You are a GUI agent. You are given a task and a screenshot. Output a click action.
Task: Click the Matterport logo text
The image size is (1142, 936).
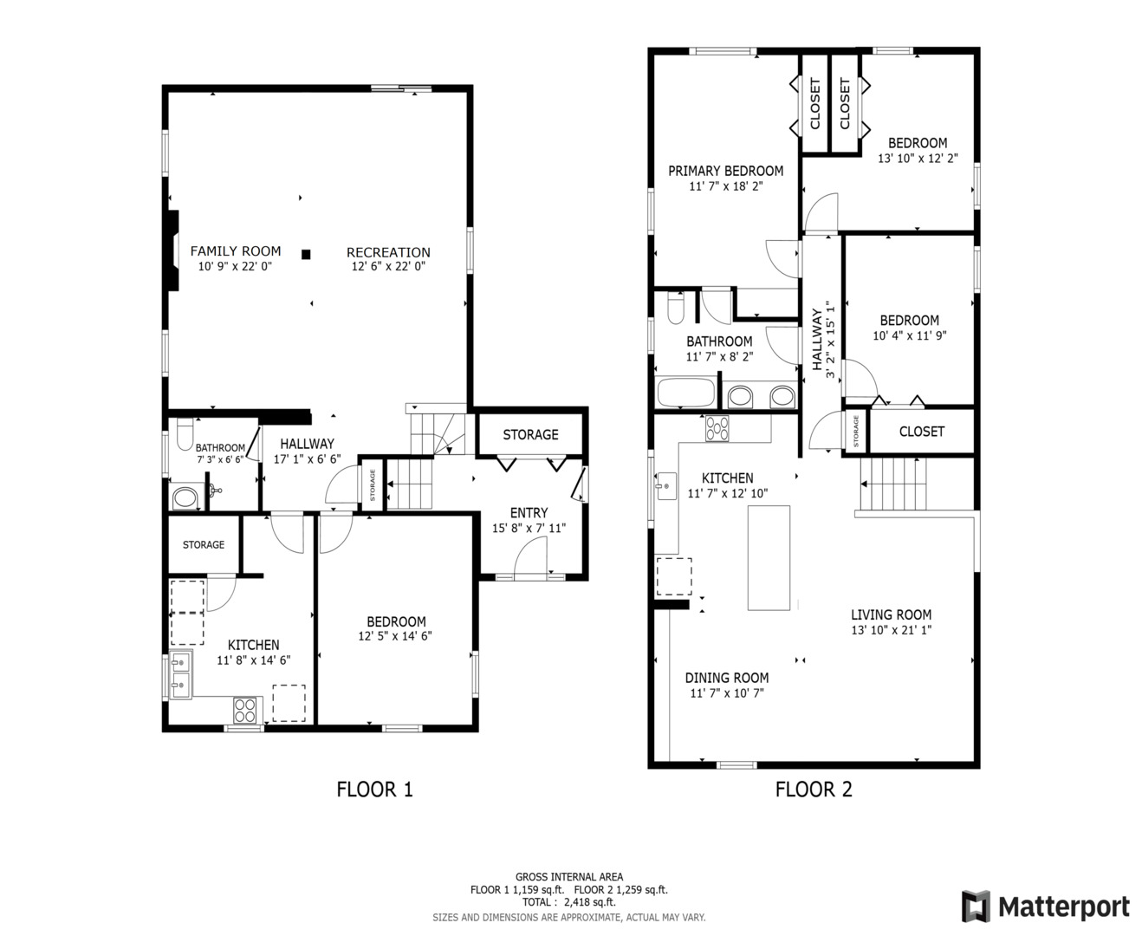click(x=1063, y=907)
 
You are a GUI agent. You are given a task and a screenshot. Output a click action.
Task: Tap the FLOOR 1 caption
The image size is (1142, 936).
click(x=374, y=790)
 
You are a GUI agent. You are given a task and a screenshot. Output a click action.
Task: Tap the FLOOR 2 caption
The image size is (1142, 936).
click(x=813, y=790)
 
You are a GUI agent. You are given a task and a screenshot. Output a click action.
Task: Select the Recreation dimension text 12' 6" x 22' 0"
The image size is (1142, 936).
click(x=388, y=267)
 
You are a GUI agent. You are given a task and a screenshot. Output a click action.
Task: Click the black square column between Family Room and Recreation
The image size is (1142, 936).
click(x=306, y=254)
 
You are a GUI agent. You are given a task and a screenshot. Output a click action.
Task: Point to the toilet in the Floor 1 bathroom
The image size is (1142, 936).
click(x=184, y=433)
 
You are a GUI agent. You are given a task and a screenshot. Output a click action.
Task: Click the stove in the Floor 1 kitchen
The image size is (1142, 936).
click(x=246, y=710)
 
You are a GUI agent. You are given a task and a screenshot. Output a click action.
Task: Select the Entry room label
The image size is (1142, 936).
click(x=529, y=513)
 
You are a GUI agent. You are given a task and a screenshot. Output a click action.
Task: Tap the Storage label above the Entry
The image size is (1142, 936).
click(x=530, y=434)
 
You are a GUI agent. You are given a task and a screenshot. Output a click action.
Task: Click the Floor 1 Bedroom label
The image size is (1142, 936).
click(x=396, y=621)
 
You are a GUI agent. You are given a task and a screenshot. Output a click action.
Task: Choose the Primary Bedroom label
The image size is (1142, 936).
click(x=725, y=171)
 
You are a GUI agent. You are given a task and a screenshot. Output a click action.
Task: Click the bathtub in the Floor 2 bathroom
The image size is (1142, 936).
click(x=686, y=393)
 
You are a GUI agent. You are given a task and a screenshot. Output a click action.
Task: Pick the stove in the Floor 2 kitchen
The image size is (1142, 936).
click(x=717, y=428)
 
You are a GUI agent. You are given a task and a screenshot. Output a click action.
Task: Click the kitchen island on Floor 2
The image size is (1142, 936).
click(x=769, y=557)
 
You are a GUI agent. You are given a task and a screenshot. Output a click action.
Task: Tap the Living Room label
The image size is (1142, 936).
click(x=891, y=614)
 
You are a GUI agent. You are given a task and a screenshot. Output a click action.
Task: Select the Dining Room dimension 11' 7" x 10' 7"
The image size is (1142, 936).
click(x=726, y=693)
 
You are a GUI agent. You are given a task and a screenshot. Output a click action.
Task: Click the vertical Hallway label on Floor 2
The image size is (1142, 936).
click(x=817, y=340)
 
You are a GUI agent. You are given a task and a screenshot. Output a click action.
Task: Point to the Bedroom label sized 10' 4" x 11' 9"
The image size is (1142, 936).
click(x=909, y=320)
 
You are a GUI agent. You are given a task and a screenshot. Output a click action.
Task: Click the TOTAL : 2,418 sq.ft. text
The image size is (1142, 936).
click(x=568, y=902)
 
